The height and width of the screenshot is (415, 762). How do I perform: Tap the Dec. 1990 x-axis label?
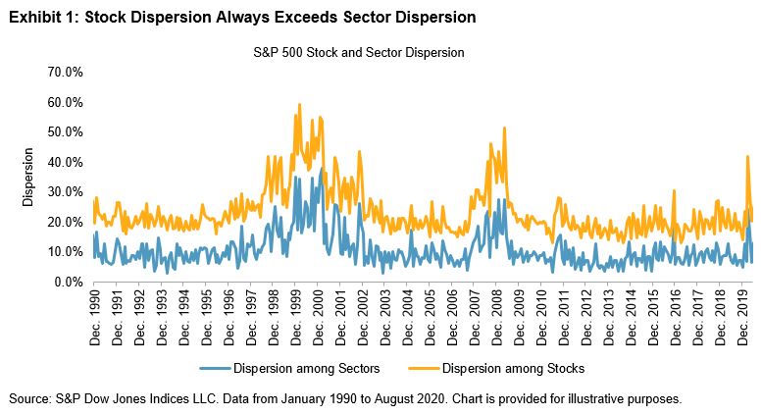tap(95, 314)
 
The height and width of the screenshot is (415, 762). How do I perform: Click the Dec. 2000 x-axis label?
tap(320, 314)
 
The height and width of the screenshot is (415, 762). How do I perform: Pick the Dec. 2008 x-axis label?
tap(500, 314)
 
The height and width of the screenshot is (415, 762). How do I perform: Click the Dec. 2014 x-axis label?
tap(635, 314)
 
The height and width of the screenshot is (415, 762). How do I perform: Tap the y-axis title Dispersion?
tap(30, 177)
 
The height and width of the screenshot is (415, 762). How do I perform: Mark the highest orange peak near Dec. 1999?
tap(297, 104)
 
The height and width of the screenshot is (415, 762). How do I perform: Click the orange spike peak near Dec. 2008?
tap(504, 128)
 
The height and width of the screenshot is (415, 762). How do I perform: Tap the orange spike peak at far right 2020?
tap(747, 156)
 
